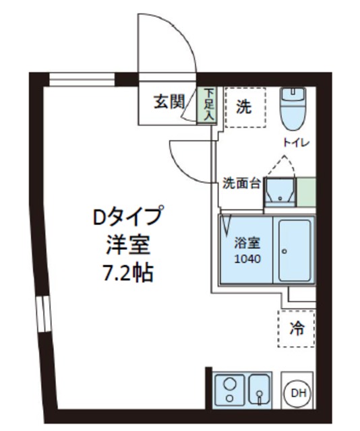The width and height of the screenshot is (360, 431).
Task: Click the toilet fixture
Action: coord(293,110)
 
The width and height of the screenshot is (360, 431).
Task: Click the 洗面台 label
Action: coord(241,183)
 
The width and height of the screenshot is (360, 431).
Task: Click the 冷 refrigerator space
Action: coord(297,329)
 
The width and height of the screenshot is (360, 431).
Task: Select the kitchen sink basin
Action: coord(258,389)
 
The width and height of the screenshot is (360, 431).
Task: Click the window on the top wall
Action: coord(82,79)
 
